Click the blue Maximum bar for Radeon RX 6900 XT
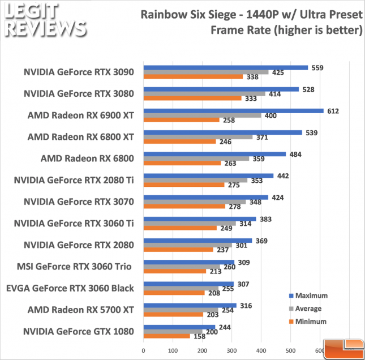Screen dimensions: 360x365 233,111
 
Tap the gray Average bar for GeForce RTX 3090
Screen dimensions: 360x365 191,72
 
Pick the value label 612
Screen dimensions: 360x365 333,111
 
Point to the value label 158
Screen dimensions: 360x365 200,336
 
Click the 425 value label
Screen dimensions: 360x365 278,72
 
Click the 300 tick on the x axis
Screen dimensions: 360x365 232,352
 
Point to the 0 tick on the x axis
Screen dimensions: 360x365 144,352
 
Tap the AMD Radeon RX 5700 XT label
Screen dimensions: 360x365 81,310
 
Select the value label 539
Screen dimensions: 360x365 311,132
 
